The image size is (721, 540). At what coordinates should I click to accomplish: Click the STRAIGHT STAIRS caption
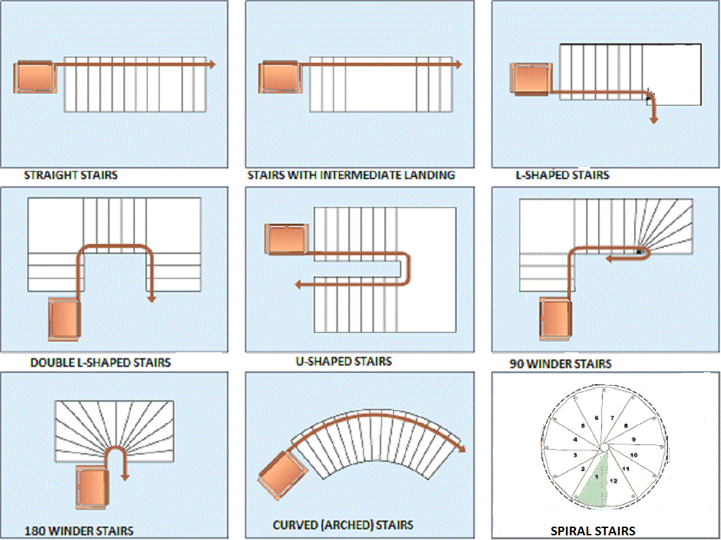tap(71, 176)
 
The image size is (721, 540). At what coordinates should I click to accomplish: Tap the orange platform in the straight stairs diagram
tap(35, 78)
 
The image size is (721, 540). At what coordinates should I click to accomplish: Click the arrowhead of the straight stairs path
tap(211, 64)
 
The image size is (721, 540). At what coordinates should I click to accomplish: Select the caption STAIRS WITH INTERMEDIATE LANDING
tap(351, 175)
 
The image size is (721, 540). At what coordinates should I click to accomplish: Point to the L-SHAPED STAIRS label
tap(562, 175)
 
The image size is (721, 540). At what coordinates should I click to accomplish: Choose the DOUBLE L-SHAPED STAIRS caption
tap(101, 363)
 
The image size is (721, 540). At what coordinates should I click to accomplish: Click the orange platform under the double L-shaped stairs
tap(64, 319)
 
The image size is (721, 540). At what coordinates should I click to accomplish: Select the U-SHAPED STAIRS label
tap(344, 362)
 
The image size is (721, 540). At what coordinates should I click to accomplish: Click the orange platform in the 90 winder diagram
tap(556, 319)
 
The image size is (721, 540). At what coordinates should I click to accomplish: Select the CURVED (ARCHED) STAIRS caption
tap(343, 525)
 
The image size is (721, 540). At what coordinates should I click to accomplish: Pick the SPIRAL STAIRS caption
tap(593, 531)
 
